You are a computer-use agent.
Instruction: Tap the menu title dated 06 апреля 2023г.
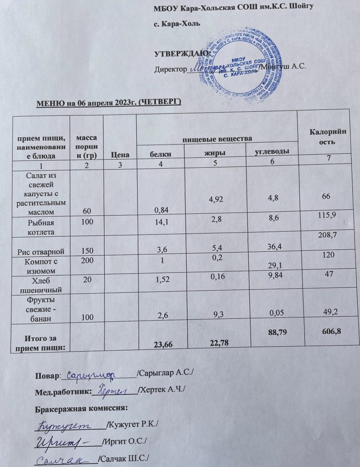(108, 101)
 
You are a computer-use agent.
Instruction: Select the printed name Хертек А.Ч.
(162, 390)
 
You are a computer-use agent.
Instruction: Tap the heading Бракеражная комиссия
(81, 407)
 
